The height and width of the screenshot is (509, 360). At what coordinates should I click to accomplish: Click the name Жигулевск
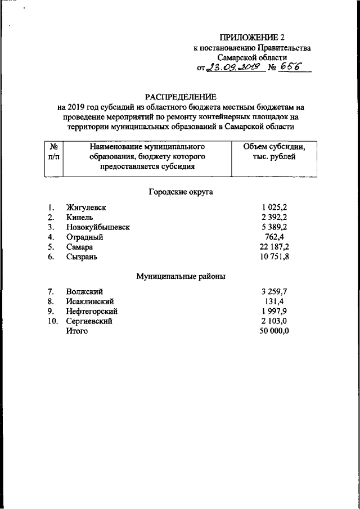click(x=85, y=208)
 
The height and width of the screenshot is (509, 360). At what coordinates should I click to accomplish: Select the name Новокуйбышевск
click(x=97, y=227)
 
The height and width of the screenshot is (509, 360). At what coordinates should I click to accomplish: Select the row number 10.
click(x=52, y=321)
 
